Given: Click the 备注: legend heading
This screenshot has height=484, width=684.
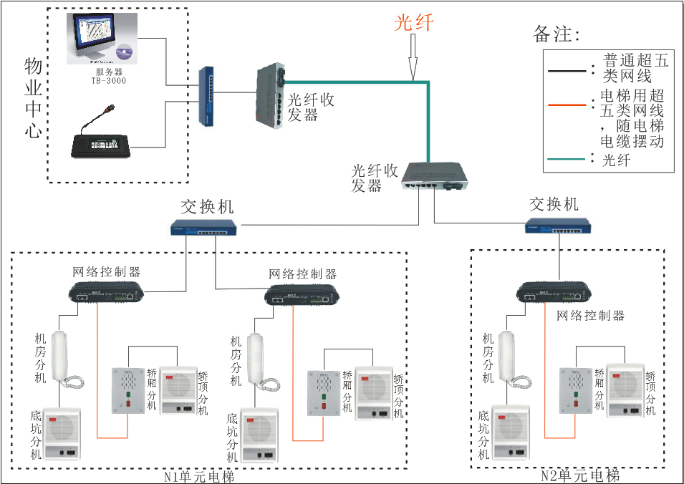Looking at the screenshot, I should pyautogui.click(x=557, y=34).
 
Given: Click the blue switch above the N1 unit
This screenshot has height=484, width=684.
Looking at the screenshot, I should pyautogui.click(x=204, y=228).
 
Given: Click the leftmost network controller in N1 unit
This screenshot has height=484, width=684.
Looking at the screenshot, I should pyautogui.click(x=107, y=291).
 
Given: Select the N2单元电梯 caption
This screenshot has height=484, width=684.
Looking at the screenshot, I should pyautogui.click(x=580, y=476).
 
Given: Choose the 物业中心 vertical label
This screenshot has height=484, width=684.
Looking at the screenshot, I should pyautogui.click(x=33, y=100).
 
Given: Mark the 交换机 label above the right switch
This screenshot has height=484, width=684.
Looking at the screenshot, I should pyautogui.click(x=554, y=204).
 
